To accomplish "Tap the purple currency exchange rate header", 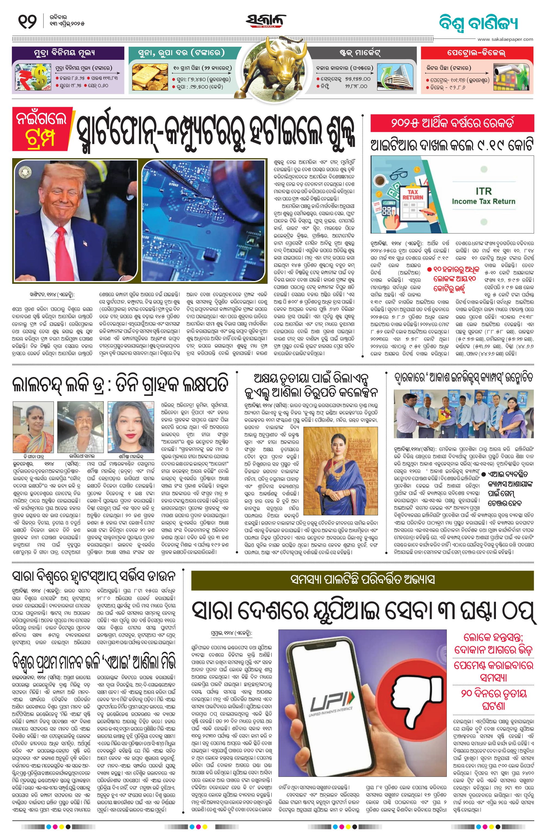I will point(68,54).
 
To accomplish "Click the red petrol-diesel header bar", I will point(477,54).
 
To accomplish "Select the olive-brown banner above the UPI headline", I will point(362,580).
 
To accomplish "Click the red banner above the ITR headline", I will point(452,124).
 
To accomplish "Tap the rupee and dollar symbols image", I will point(32,78).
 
